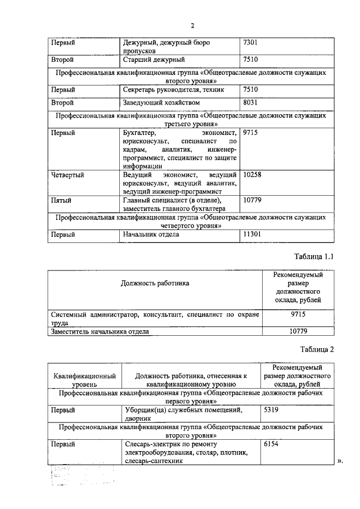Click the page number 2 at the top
point(192,25)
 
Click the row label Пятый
point(61,200)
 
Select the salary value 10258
point(253,175)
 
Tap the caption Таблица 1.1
point(314,256)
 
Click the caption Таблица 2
point(317,349)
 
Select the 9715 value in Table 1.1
point(298,315)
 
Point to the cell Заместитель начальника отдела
point(100,332)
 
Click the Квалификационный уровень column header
point(84,380)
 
